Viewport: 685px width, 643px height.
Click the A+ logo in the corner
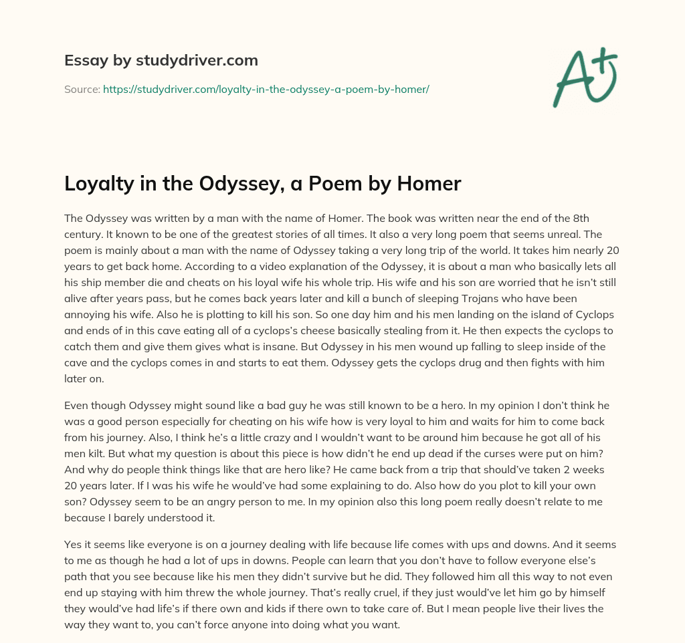click(x=585, y=75)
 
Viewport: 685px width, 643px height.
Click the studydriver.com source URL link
click(x=266, y=88)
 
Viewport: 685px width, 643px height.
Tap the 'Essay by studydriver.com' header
click(x=161, y=60)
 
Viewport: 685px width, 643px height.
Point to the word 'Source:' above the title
click(x=82, y=88)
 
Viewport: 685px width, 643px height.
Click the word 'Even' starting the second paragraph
click(x=77, y=405)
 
